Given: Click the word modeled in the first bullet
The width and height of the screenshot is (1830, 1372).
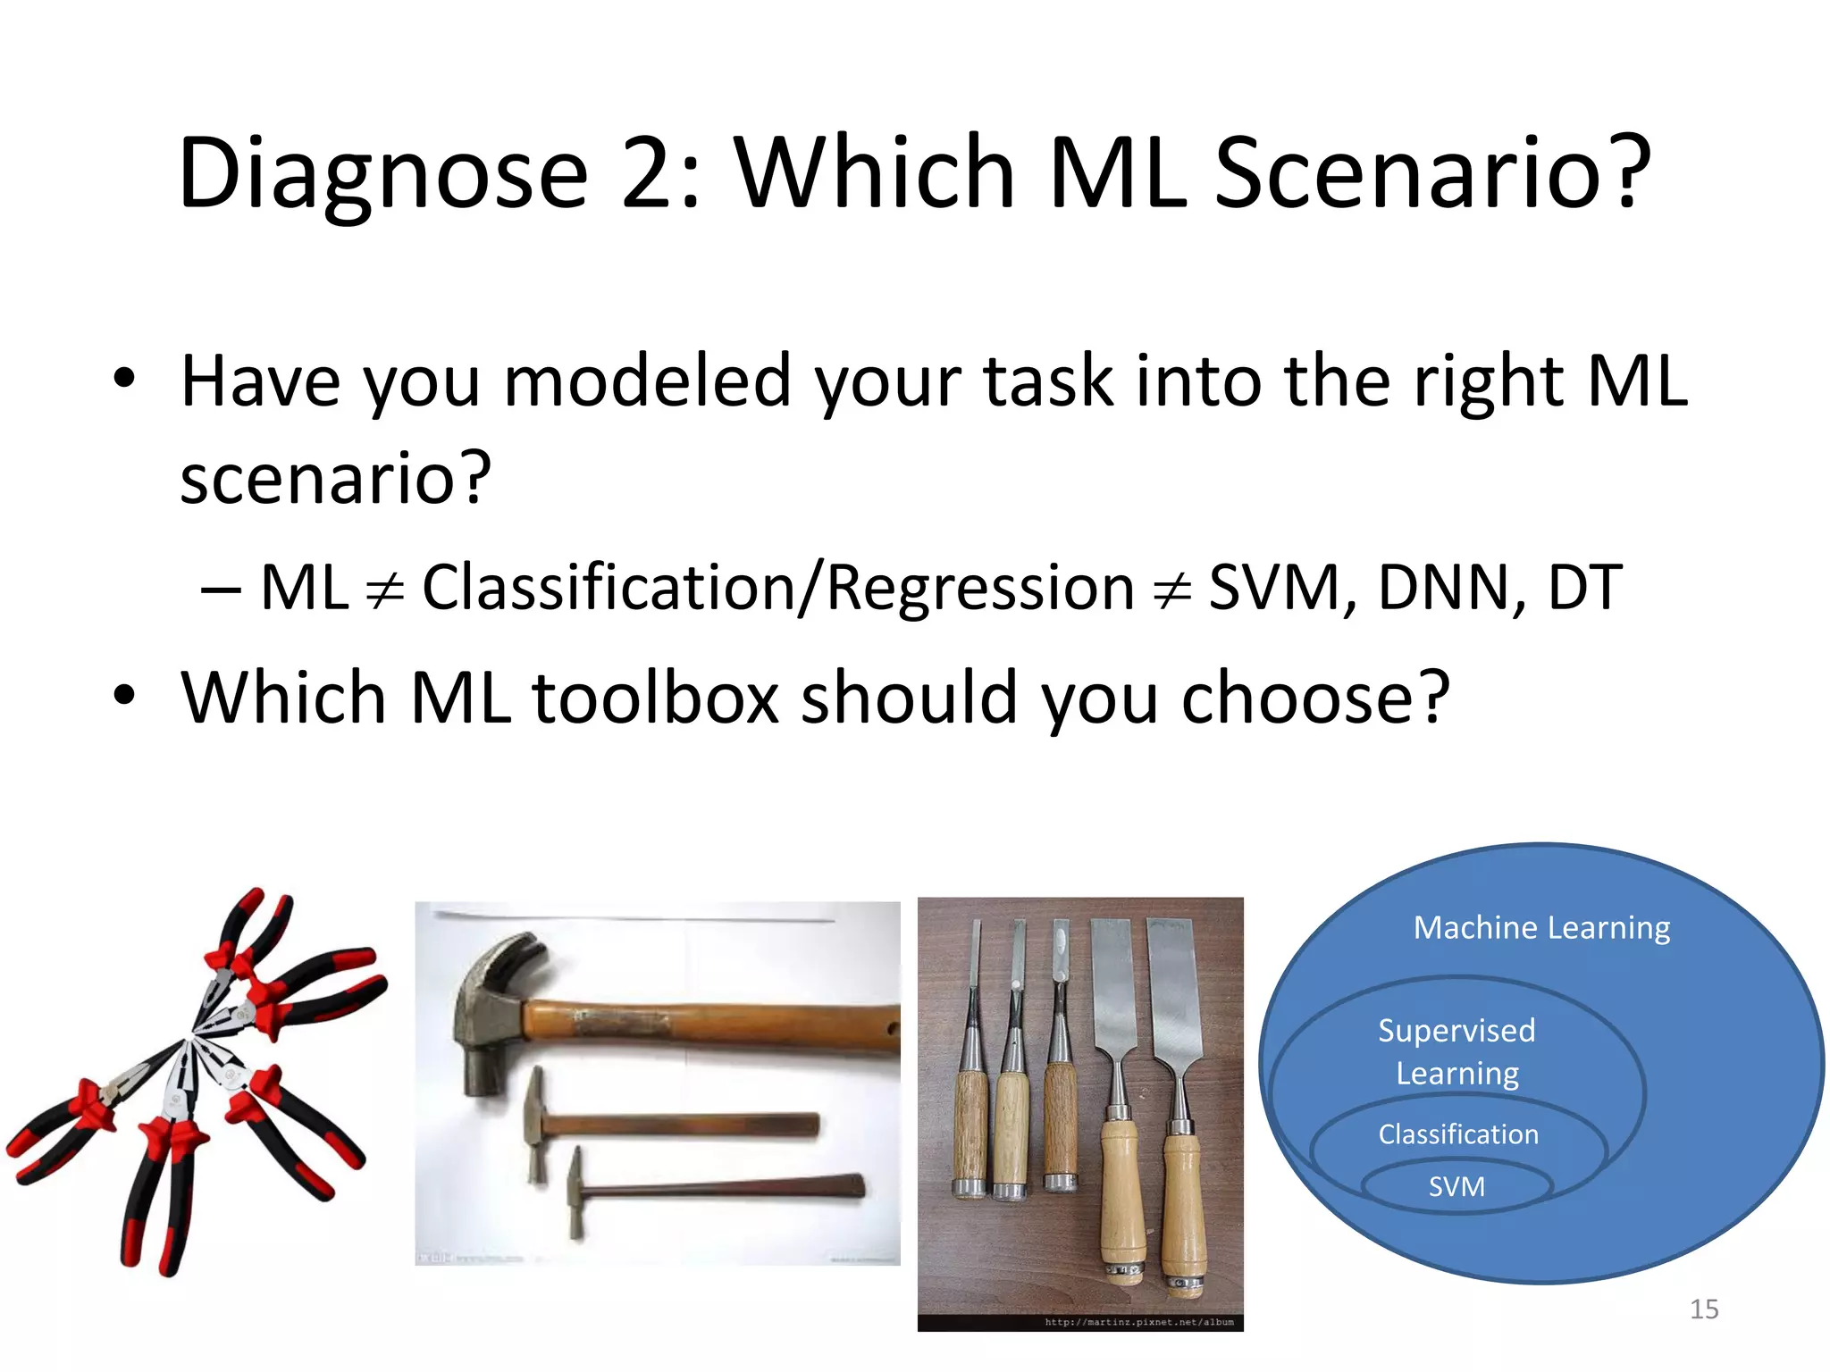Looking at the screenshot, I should pyautogui.click(x=647, y=381).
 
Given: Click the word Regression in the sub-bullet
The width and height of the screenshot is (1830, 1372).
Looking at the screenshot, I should pyautogui.click(x=980, y=588).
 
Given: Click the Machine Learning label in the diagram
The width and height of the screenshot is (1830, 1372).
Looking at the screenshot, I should pyautogui.click(x=1541, y=928).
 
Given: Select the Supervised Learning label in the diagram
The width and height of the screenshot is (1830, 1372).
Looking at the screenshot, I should pyautogui.click(x=1457, y=1051).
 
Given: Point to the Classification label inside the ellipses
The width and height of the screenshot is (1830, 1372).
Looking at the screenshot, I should pyautogui.click(x=1458, y=1134).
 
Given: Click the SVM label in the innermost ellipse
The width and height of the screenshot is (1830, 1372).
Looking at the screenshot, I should pyautogui.click(x=1456, y=1187).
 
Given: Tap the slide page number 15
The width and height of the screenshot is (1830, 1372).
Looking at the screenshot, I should pyautogui.click(x=1704, y=1309).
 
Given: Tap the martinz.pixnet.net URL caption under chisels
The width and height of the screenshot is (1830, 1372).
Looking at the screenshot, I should pyautogui.click(x=1138, y=1322).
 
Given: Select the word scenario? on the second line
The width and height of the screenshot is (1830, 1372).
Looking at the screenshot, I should pyautogui.click(x=335, y=478).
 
